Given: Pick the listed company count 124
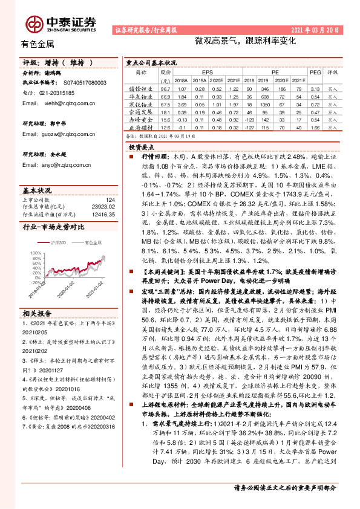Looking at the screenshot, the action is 110,199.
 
